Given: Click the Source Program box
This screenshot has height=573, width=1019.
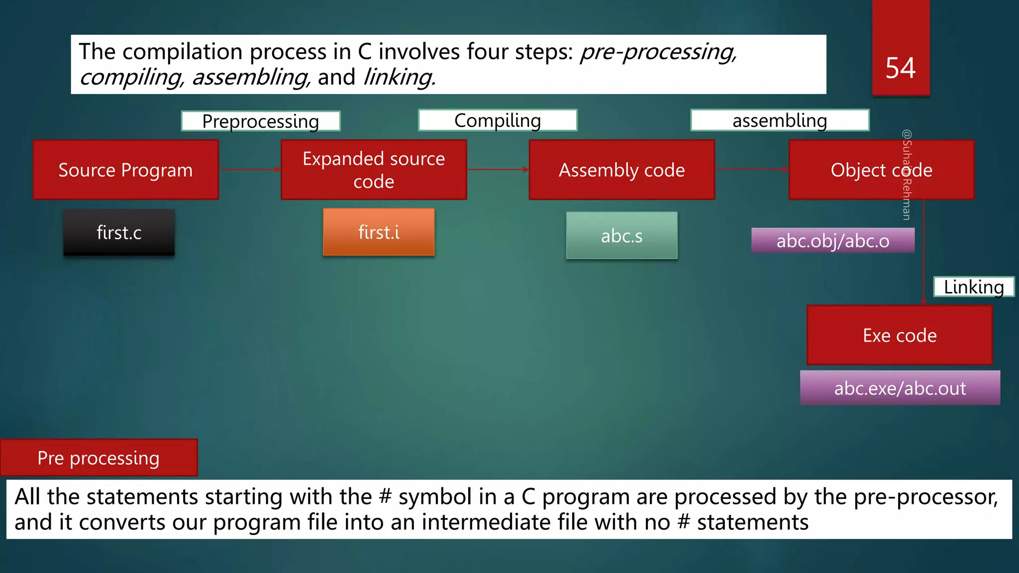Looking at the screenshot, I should pos(125,170).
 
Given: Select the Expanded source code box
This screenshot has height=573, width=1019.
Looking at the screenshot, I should pos(374,170).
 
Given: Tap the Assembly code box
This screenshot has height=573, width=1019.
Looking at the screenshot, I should pos(621,170).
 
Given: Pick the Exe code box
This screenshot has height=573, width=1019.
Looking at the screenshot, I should pos(900,335).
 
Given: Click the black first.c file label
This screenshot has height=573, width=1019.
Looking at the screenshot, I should pos(119,233).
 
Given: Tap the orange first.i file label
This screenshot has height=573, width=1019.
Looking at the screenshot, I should pos(379,232).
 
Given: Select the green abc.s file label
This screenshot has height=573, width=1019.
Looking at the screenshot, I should pos(621,236).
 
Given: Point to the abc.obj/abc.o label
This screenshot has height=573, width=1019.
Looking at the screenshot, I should pos(832,241).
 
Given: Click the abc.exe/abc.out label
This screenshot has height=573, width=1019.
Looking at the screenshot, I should pos(900,388).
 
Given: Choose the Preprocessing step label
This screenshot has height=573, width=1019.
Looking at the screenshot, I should pos(261,121).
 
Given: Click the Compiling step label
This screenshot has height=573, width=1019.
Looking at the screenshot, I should pos(498,120).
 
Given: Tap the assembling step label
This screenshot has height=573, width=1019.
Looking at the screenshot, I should pos(780,120).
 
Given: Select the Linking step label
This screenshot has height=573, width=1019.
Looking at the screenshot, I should pos(974,287).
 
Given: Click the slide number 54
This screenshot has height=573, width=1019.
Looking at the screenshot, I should pos(900,68).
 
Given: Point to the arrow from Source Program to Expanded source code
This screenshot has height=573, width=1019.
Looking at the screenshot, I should pos(249,170).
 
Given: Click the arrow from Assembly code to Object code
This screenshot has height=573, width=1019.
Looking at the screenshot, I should pos(751,170).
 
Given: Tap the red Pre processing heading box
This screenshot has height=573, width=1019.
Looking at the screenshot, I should pos(99,458).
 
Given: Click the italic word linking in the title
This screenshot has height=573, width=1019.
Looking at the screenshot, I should pos(399,78).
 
